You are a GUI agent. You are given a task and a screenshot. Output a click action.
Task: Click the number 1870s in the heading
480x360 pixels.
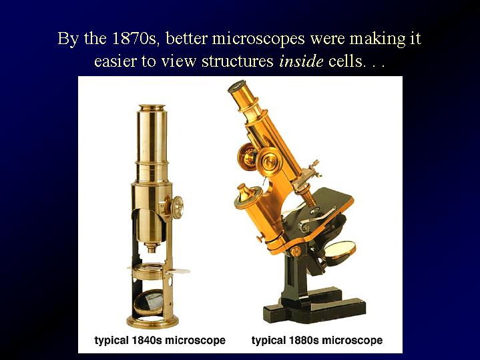136,39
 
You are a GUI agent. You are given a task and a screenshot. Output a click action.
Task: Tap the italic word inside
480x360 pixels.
301,61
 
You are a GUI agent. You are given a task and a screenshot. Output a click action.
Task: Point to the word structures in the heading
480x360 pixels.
237,61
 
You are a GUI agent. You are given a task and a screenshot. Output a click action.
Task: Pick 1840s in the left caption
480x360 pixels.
146,340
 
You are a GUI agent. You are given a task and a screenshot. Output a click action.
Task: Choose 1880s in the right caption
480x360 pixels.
304,340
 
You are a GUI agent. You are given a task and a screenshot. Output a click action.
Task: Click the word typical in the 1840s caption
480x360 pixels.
111,341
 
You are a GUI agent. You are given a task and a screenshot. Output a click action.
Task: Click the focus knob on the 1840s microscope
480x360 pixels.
177,207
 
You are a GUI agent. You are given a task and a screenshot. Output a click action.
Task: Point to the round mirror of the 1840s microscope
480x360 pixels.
149,303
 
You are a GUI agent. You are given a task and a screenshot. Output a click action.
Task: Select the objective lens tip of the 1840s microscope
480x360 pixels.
152,248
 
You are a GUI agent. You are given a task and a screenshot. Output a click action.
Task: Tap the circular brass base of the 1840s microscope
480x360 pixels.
152,322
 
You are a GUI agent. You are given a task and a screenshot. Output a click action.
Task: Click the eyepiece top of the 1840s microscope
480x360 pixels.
152,108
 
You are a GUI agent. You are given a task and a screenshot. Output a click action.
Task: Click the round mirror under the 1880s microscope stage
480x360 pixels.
340,249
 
